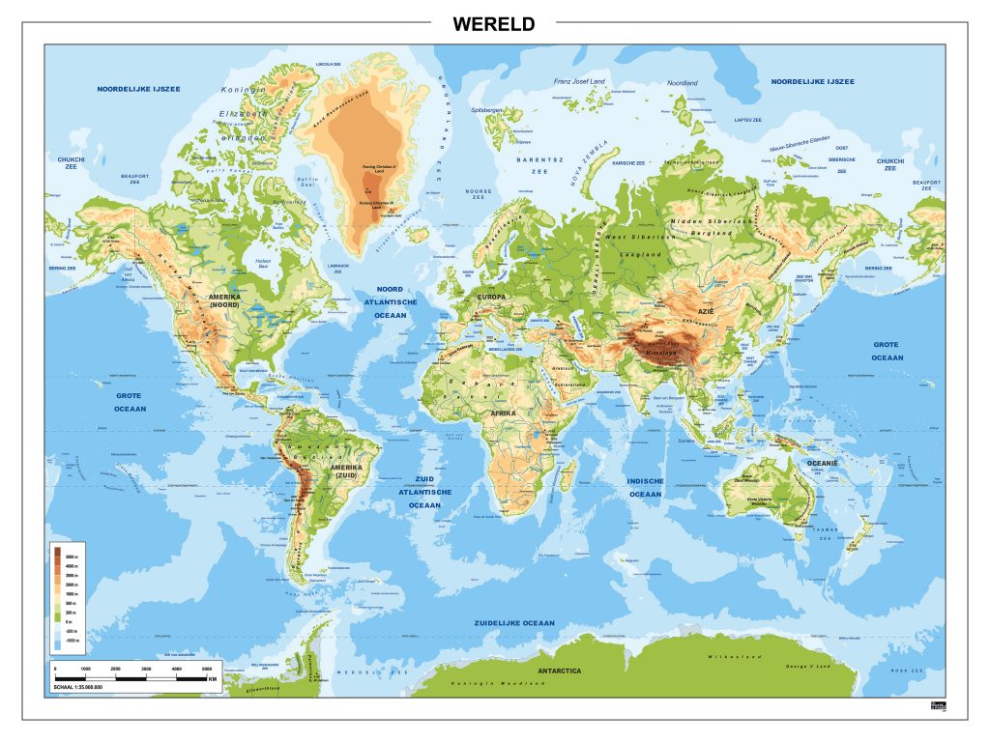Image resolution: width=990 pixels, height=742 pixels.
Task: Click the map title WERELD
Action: tap(493, 25)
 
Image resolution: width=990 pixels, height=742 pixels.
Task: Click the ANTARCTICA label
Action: tap(561, 669)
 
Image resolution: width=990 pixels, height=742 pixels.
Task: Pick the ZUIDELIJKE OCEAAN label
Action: tap(514, 623)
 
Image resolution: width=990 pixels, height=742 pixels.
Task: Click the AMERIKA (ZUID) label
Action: tap(346, 471)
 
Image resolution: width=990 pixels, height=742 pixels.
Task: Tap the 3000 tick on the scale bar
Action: tap(146, 669)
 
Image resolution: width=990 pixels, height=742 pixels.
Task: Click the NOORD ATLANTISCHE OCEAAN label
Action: tap(390, 301)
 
